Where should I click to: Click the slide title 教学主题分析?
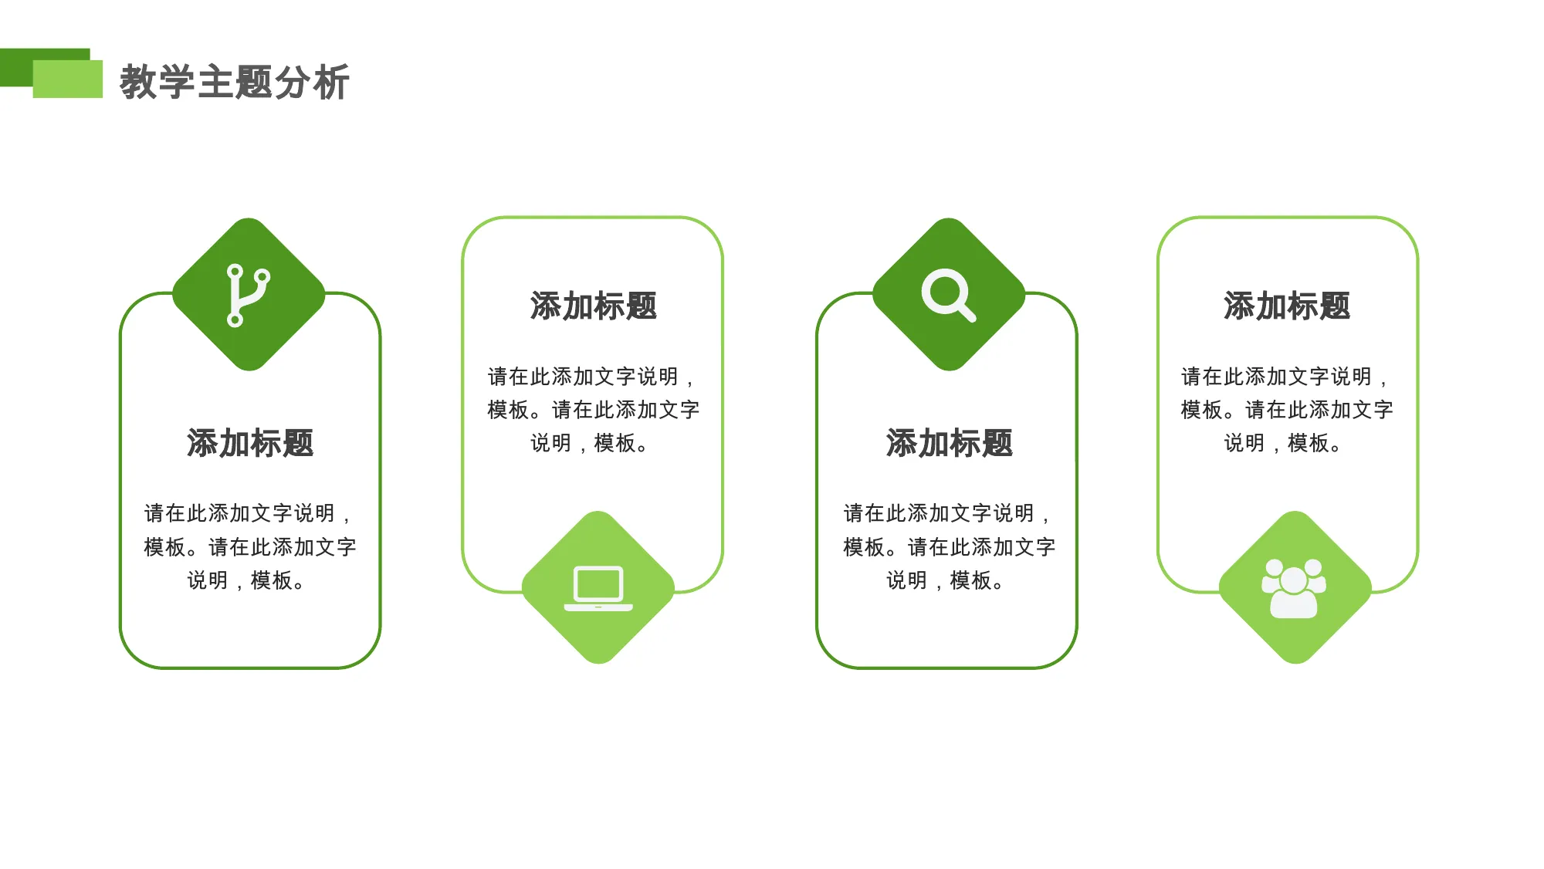(x=235, y=82)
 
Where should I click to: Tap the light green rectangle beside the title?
(x=68, y=79)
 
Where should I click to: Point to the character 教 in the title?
(x=138, y=82)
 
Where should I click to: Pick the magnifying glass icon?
(x=948, y=295)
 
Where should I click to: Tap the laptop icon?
(x=598, y=589)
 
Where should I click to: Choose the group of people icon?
(x=1294, y=588)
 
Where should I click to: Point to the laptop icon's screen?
(x=598, y=583)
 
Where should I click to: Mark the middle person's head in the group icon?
(x=1294, y=580)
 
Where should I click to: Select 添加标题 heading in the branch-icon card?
(x=250, y=443)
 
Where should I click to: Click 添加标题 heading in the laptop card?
(x=593, y=306)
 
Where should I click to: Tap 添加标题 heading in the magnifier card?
(x=949, y=443)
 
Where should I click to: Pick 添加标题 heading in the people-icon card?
(x=1287, y=306)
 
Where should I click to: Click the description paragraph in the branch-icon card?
(x=250, y=546)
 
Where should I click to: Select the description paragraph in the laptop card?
(x=593, y=410)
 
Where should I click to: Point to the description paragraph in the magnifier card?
(x=949, y=546)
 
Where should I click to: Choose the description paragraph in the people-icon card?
(x=1287, y=410)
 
